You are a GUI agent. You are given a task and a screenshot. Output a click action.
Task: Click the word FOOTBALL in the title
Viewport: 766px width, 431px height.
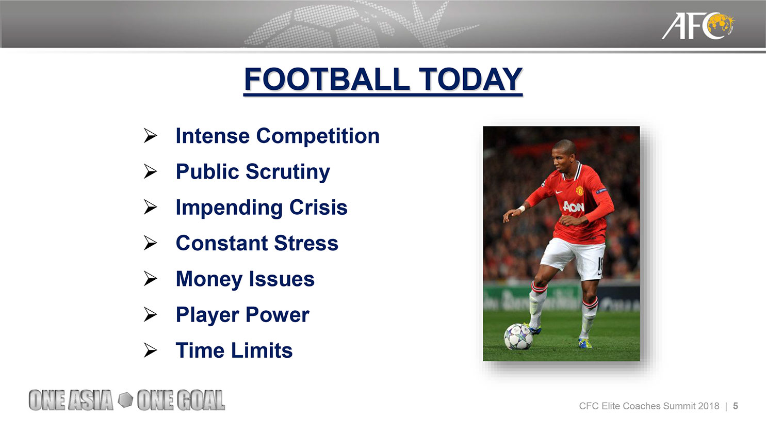pyautogui.click(x=327, y=79)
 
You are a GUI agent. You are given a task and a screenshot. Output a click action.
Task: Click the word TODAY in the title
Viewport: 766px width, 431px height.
pyautogui.click(x=470, y=79)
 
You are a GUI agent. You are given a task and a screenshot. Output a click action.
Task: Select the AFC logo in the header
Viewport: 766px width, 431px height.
pyautogui.click(x=698, y=26)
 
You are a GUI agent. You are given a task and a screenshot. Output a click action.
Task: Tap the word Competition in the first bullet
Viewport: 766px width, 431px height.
pyautogui.click(x=318, y=136)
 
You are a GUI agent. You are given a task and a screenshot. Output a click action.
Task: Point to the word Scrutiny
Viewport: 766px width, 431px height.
pyautogui.click(x=288, y=172)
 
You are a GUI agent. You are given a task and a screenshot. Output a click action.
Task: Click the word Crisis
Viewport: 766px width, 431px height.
pyautogui.click(x=318, y=207)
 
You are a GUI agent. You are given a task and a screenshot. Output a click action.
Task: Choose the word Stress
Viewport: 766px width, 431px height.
pyautogui.click(x=306, y=243)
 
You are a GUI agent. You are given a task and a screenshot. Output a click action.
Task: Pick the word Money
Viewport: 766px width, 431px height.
pyautogui.click(x=209, y=279)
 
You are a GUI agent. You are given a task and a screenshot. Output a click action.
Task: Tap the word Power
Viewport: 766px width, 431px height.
pyautogui.click(x=277, y=315)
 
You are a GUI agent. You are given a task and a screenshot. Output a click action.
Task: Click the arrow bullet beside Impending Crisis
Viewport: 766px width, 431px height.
pyautogui.click(x=150, y=207)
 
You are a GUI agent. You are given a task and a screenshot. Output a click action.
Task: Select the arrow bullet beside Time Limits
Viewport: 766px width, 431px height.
pyautogui.click(x=150, y=350)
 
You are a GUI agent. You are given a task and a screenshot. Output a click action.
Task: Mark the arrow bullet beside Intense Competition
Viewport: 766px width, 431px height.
pyautogui.click(x=150, y=135)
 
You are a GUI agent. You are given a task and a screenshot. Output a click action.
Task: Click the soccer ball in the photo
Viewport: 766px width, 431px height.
pyautogui.click(x=518, y=337)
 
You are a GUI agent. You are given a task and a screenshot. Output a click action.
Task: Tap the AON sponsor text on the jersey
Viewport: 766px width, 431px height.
pyautogui.click(x=573, y=206)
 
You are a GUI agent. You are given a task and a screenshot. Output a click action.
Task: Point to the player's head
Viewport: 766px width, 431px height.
pyautogui.click(x=564, y=156)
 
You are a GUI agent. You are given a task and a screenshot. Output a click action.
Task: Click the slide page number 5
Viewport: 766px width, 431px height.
pyautogui.click(x=736, y=406)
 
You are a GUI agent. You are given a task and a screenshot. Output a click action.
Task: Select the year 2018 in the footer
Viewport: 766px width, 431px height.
pyautogui.click(x=709, y=406)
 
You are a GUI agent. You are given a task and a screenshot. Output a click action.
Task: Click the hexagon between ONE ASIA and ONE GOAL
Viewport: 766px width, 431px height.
pyautogui.click(x=125, y=400)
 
